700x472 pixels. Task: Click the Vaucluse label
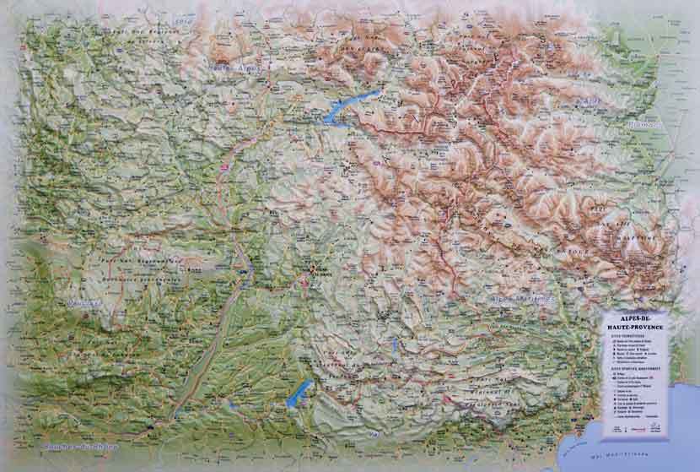(x=81, y=301)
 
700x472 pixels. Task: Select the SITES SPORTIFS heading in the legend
(x=627, y=369)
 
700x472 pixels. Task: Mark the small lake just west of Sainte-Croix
(x=229, y=404)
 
